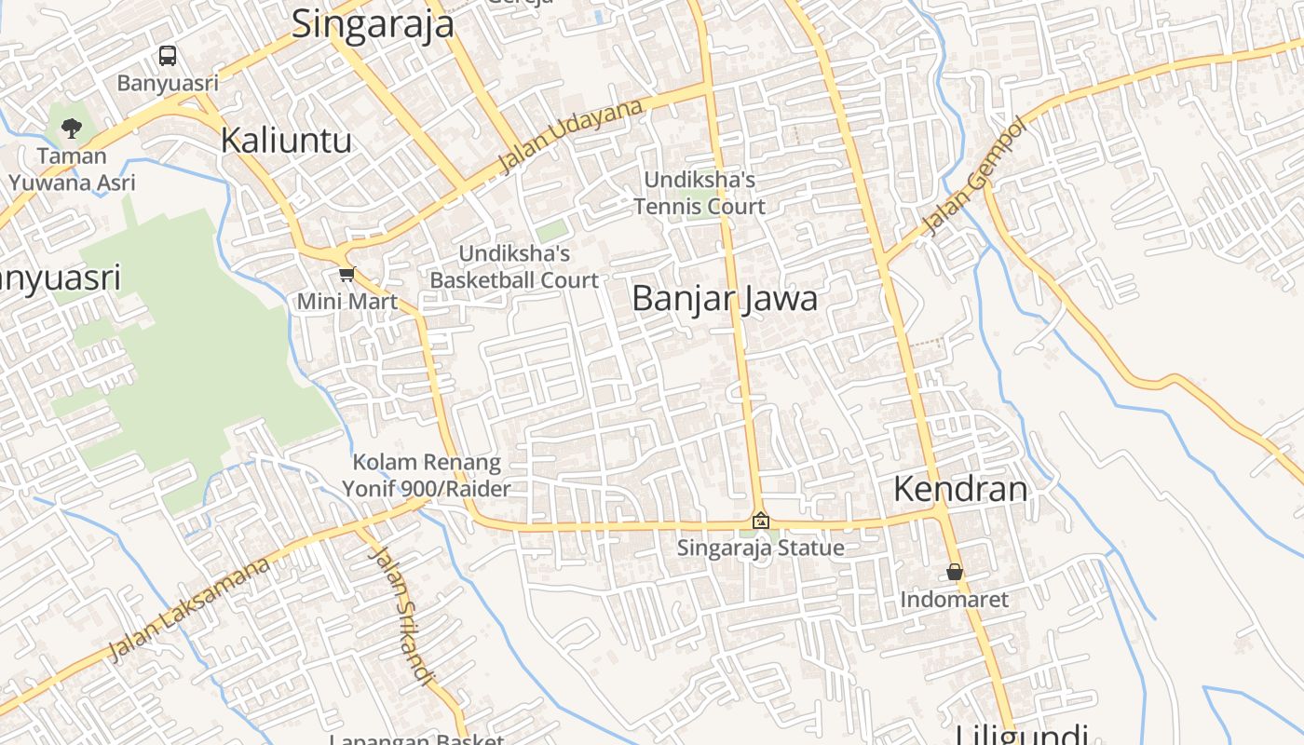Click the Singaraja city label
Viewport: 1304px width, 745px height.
pos(373,24)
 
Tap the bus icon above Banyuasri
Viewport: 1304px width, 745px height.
pos(168,56)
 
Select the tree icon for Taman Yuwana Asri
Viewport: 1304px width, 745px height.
pos(72,127)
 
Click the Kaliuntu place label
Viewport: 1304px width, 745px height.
pos(286,141)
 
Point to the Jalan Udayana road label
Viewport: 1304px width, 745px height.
pos(571,136)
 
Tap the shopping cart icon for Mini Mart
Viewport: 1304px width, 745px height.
pos(347,274)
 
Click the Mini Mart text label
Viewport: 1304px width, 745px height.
pos(346,302)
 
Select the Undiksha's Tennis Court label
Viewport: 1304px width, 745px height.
pos(700,193)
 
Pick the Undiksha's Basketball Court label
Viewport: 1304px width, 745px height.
pos(514,266)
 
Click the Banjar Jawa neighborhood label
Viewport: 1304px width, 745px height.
pos(725,299)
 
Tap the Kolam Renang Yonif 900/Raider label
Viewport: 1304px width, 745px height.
pos(426,476)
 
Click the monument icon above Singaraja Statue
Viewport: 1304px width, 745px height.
pos(761,521)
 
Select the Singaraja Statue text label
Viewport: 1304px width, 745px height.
pos(760,548)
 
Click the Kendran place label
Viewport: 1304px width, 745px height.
pos(960,489)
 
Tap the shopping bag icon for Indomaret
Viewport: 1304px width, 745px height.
pos(955,572)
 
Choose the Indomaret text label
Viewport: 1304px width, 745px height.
pos(954,599)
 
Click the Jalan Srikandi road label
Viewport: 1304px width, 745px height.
pos(402,615)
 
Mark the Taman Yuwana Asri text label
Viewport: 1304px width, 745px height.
pos(72,169)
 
